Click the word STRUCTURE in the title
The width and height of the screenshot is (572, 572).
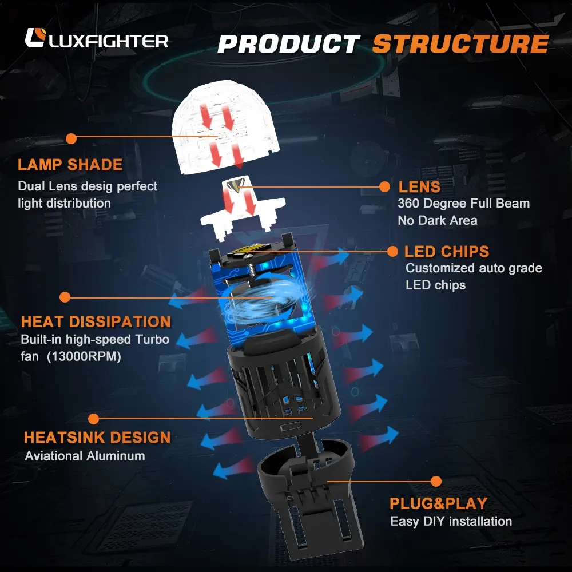coord(460,44)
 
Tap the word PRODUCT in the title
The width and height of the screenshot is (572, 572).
coord(288,44)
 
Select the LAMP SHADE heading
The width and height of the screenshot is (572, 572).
coord(70,165)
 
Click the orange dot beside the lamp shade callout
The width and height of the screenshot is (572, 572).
coord(71,138)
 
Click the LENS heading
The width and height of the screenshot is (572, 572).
coord(419,187)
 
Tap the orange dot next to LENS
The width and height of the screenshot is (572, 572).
coord(386,186)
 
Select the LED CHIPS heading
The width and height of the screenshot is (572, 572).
coord(447,252)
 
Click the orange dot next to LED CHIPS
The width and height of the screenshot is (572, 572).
coord(393,251)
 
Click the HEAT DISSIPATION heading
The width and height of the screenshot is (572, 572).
coord(96,321)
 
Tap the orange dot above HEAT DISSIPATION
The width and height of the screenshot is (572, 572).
coord(65,297)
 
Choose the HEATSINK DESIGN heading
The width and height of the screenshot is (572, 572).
coord(97,438)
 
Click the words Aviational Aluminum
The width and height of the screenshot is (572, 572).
coord(85,456)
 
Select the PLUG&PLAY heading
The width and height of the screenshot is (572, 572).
coord(438,503)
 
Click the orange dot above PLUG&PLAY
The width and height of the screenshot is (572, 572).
coord(436,481)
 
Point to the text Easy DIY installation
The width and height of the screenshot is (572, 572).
coord(451,521)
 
